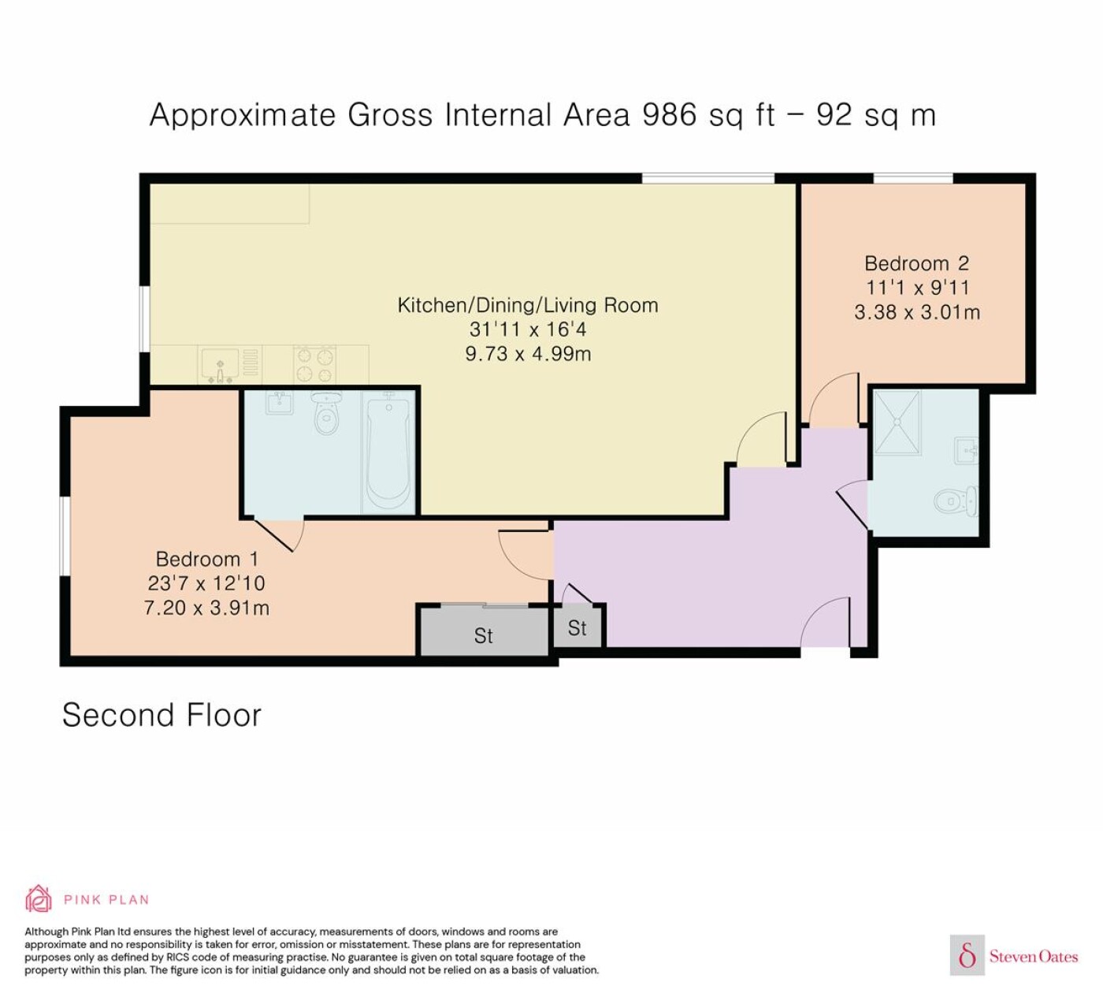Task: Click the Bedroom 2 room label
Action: pos(916,263)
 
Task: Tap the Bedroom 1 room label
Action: pos(206,559)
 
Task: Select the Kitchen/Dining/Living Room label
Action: pos(528,305)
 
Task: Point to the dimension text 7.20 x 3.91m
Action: pos(206,608)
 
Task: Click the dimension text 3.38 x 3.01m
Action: pos(916,312)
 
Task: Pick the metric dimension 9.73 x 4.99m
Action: pos(528,353)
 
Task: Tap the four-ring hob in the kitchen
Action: pos(315,364)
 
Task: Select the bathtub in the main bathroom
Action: pos(388,452)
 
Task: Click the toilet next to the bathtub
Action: pos(327,413)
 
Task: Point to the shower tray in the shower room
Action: pos(897,422)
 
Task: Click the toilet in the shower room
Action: pos(956,501)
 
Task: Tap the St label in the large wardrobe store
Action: pos(483,635)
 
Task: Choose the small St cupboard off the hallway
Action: pos(577,628)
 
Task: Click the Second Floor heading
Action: pos(162,716)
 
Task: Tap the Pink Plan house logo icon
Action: pos(39,899)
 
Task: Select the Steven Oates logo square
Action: pos(967,954)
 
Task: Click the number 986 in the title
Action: pos(669,115)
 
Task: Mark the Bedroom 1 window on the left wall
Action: pos(65,536)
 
